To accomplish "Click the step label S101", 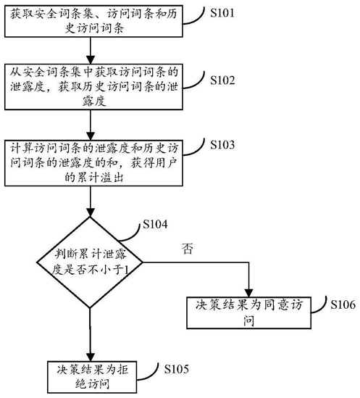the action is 222,13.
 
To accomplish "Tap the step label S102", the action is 222,80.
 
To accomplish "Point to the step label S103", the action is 222,145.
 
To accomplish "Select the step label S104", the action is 155,225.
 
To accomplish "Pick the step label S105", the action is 176,369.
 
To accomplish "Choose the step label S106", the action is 343,304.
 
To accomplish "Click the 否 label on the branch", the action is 188,249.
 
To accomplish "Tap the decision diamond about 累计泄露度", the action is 90,262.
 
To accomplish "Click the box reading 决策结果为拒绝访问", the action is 92,377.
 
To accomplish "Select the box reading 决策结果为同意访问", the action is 248,312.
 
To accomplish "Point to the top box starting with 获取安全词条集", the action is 93,21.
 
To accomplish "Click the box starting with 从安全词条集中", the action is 93,87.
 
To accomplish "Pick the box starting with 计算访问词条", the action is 93,163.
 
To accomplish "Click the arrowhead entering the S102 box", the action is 91,60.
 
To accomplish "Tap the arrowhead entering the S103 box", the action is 91,136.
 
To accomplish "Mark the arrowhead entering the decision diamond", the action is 91,212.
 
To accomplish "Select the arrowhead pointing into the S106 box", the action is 249,293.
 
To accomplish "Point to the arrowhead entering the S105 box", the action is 91,357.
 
